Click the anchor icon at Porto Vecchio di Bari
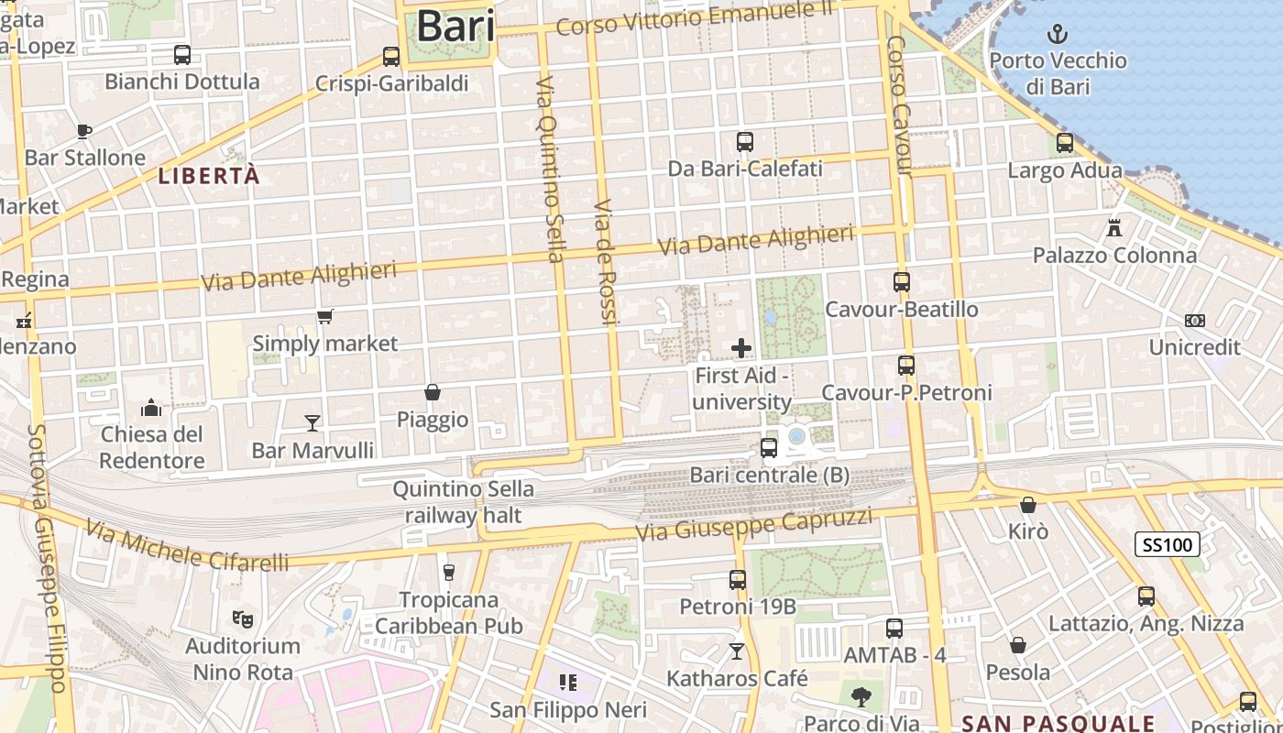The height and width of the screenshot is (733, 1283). click(x=1058, y=35)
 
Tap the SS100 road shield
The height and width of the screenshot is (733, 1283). click(x=1168, y=545)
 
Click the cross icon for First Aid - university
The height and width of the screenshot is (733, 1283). click(x=741, y=348)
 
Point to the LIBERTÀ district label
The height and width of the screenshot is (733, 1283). click(x=209, y=176)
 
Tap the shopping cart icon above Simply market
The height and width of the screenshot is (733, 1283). click(x=324, y=317)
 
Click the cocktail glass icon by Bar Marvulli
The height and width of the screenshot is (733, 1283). click(x=313, y=422)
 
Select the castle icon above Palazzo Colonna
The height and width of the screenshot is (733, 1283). click(x=1114, y=227)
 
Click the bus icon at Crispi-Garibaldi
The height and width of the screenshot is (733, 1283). click(x=391, y=57)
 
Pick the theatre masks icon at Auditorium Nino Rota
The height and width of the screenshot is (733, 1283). click(x=242, y=618)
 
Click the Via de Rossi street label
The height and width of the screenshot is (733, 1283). click(x=608, y=261)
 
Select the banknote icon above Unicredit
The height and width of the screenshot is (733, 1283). click(x=1194, y=321)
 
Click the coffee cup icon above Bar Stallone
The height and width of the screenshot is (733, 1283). click(x=84, y=131)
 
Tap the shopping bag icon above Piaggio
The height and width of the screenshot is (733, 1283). click(x=433, y=392)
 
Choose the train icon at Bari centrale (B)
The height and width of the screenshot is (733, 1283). click(x=769, y=448)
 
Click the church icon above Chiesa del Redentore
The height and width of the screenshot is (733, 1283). click(x=151, y=407)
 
